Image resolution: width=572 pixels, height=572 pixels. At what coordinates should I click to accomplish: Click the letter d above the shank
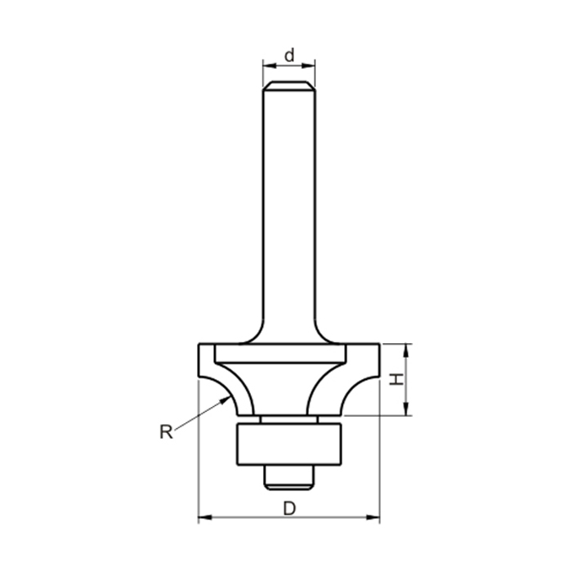click(x=288, y=56)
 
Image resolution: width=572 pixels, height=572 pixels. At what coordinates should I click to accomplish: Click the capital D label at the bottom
click(x=288, y=507)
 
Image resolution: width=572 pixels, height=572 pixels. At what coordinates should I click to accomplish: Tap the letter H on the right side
click(x=395, y=379)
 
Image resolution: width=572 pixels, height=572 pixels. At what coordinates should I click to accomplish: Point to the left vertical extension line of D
click(x=199, y=458)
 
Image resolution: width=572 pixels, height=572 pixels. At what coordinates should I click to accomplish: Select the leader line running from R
click(x=200, y=413)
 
